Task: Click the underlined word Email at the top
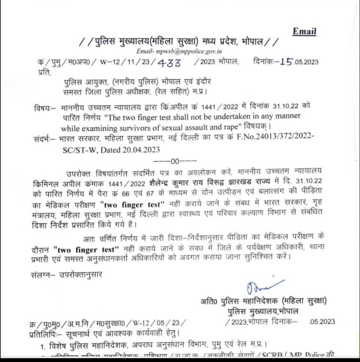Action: [304, 32]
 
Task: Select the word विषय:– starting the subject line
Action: [44, 108]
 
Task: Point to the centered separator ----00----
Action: [175, 161]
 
